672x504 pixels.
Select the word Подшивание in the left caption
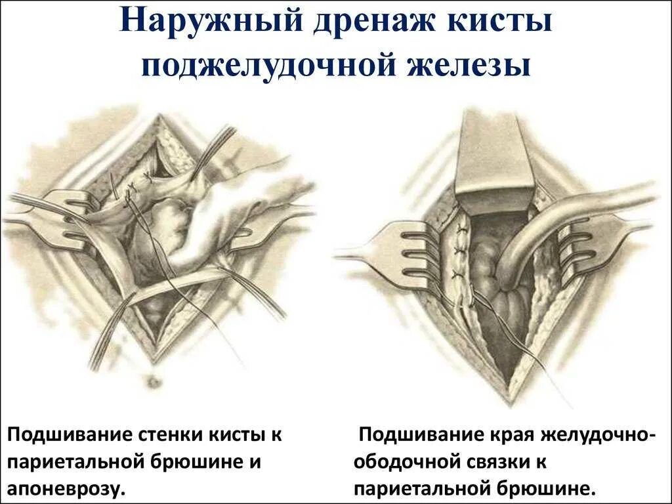(68, 435)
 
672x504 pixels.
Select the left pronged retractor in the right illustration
(400, 253)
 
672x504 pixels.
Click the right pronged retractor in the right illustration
(591, 253)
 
